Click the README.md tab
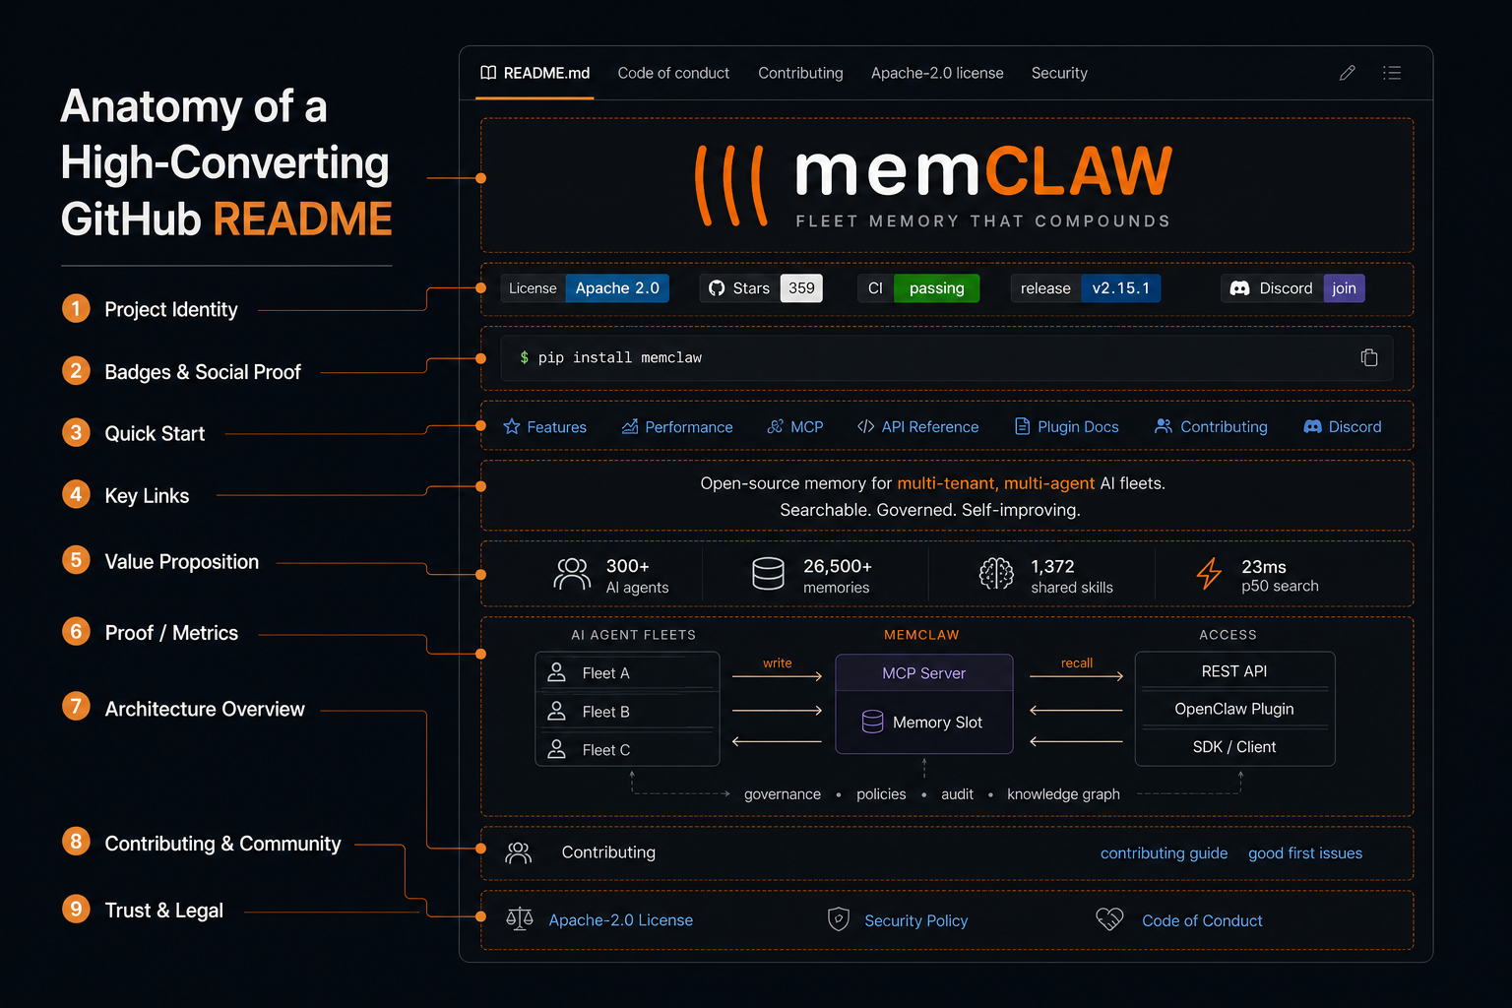535,73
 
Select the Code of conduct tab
673,73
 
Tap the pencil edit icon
1348,73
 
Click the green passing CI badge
936,288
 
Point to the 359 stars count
801,288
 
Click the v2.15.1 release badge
1120,288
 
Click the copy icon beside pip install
1369,357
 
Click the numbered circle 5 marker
76,560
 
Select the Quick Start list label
155,433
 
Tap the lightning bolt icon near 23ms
1209,574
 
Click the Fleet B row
627,711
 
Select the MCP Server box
924,673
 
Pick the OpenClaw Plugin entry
1233,709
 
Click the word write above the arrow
777,663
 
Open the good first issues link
1304,853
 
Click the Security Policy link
916,920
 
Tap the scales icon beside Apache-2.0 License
519,919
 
